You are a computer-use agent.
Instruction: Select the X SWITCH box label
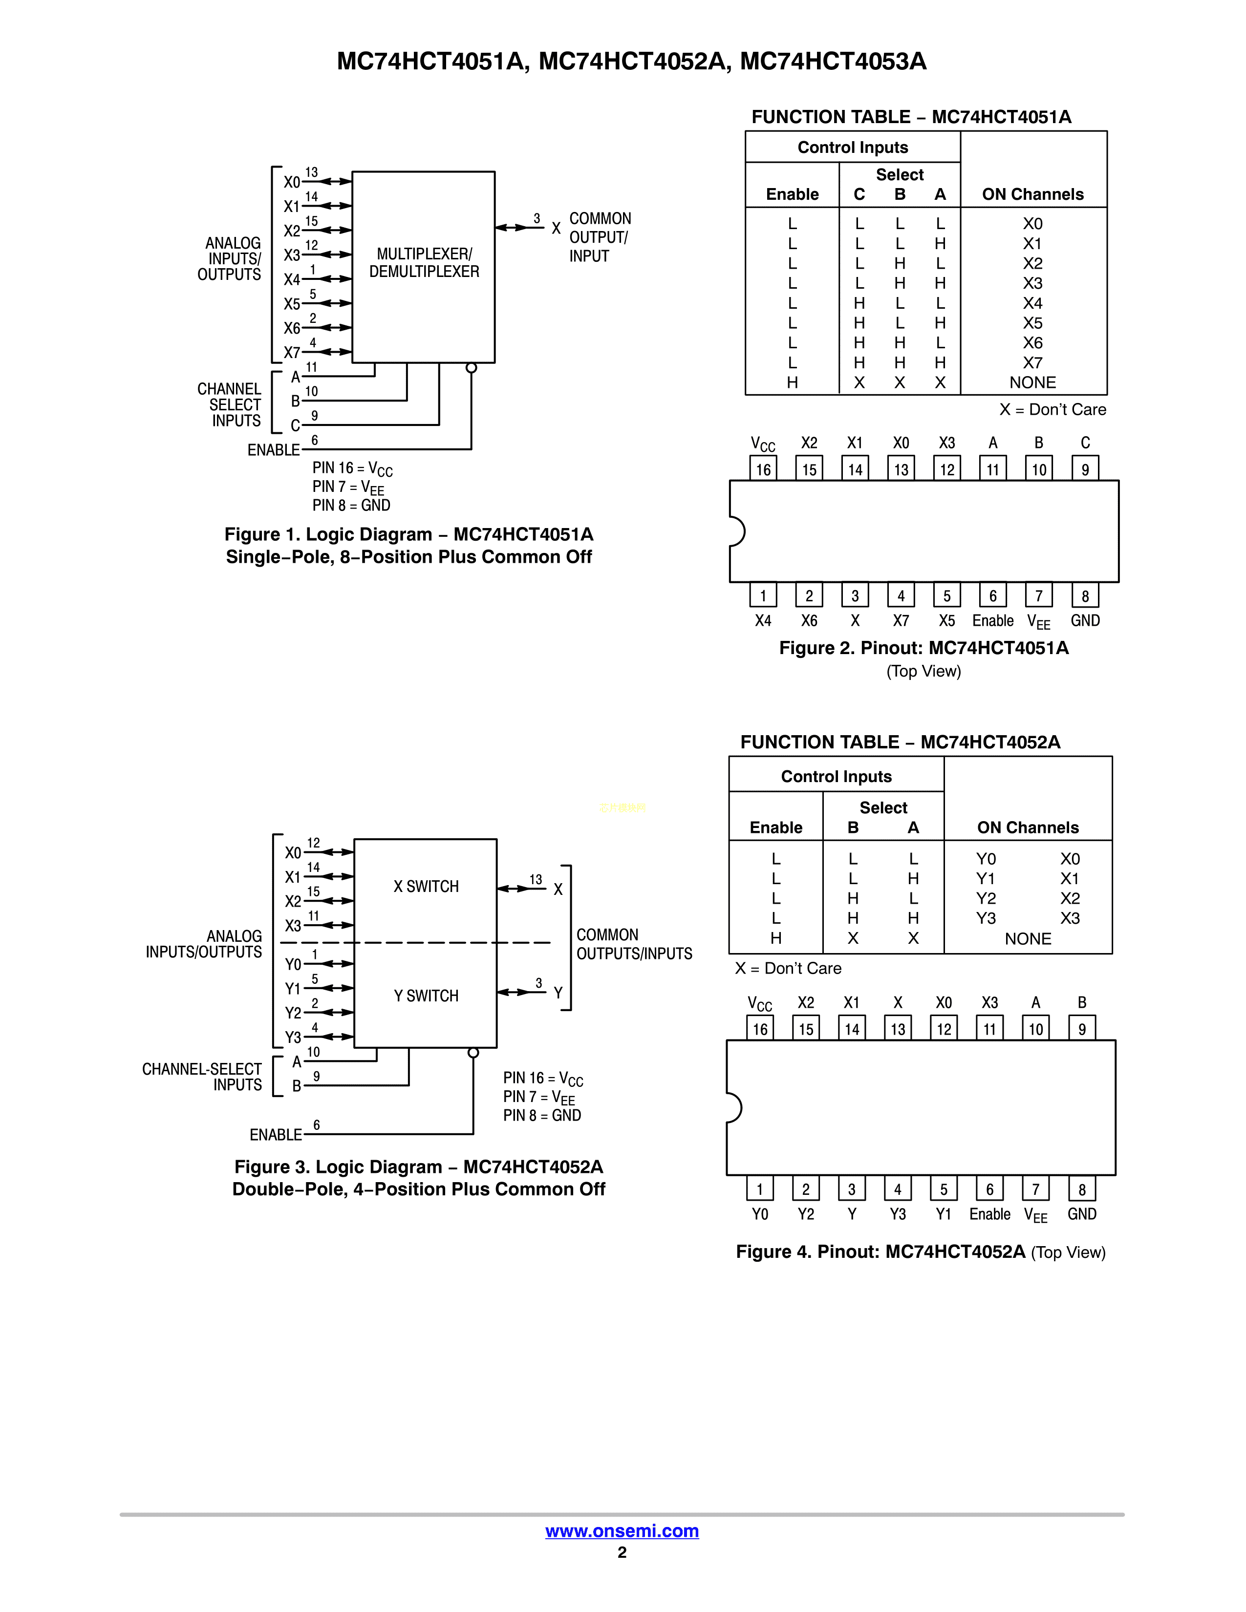426,887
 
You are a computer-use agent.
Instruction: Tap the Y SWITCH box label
426,996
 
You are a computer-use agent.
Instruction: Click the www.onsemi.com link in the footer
622,1531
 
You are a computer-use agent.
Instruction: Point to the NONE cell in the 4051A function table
1032,382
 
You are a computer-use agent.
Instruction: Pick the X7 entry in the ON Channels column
1032,362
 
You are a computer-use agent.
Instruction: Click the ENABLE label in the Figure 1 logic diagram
273,449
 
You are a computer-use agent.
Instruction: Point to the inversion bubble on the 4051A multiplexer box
471,367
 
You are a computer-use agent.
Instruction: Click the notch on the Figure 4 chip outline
734,1107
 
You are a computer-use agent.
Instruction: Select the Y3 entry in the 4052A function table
986,918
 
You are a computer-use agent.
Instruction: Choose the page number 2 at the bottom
622,1552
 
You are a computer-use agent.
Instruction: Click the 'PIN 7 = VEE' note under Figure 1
348,487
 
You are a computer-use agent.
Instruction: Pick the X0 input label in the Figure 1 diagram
292,182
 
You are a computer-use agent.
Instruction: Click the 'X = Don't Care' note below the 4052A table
788,968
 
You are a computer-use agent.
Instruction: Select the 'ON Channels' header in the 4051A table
1032,194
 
